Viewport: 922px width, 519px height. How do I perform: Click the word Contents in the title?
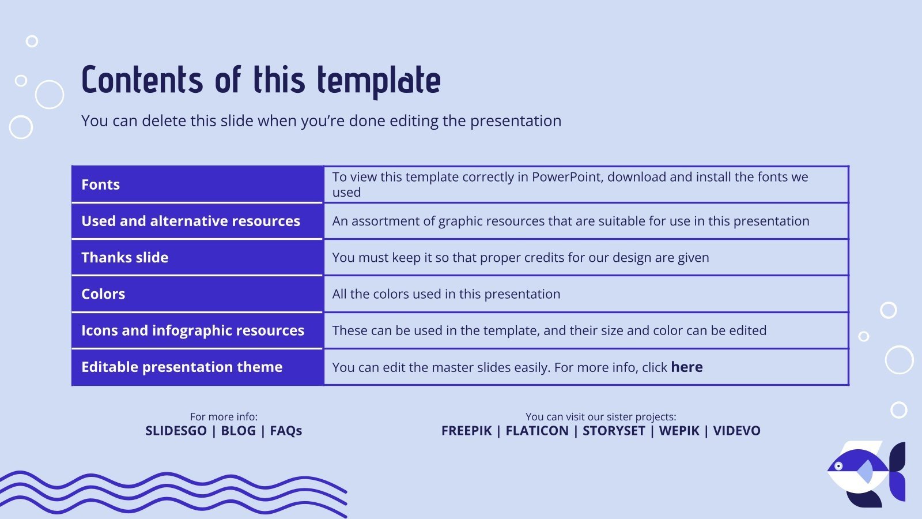[142, 80]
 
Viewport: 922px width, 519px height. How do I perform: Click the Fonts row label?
[101, 185]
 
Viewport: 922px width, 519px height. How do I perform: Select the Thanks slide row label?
[125, 257]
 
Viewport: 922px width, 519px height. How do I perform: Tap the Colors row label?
[103, 294]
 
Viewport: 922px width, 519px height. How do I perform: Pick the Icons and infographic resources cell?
[192, 330]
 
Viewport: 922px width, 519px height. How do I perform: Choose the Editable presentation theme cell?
[182, 367]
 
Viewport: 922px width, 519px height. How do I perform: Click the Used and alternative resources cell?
[191, 221]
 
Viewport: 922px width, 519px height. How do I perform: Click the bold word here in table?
[686, 367]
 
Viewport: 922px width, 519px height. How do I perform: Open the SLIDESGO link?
[176, 431]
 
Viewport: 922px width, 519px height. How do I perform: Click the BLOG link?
[238, 431]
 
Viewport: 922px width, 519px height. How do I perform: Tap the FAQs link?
[286, 431]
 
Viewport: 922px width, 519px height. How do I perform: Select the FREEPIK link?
[467, 431]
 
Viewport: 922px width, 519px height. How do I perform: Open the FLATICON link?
[536, 431]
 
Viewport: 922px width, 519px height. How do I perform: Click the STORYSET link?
[614, 431]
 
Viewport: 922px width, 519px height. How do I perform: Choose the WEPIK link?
[679, 431]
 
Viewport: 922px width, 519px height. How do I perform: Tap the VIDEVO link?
[736, 431]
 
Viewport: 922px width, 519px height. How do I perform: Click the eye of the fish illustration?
[839, 466]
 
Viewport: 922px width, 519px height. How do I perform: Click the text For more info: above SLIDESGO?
[224, 416]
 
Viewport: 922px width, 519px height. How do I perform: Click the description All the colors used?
[446, 294]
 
